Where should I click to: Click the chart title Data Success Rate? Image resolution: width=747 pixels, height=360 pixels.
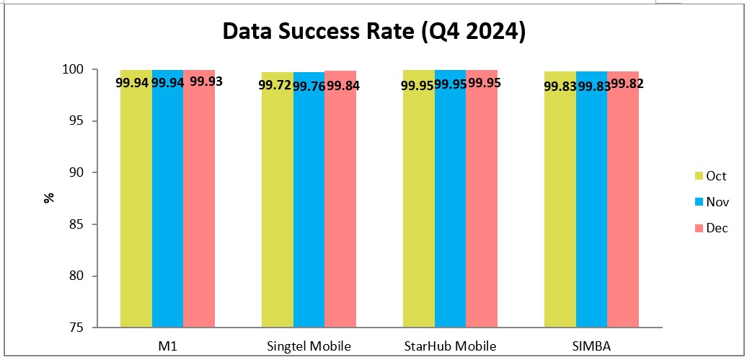373,32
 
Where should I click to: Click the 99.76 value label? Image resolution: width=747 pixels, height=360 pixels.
309,86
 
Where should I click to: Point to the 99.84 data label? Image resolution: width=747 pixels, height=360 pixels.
343,86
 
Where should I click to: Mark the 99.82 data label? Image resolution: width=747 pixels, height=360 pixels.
626,84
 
